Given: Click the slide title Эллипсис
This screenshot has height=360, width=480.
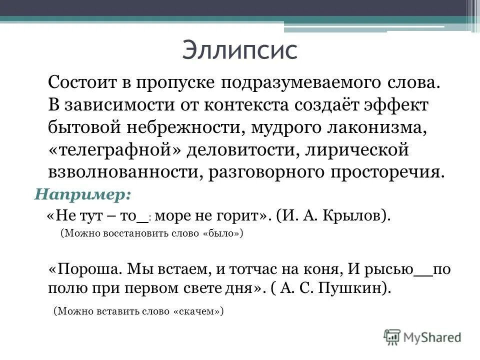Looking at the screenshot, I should click(x=239, y=50).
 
